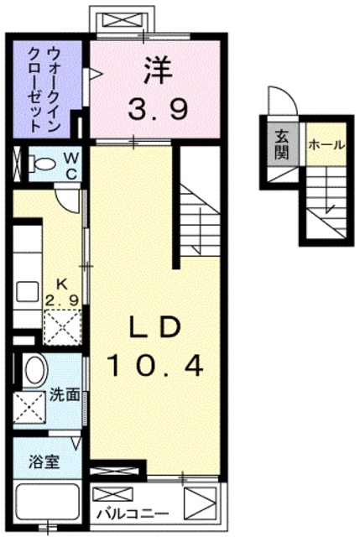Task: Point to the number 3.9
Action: pos(157,108)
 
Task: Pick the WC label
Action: pos(70,164)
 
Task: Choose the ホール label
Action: pos(326,145)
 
